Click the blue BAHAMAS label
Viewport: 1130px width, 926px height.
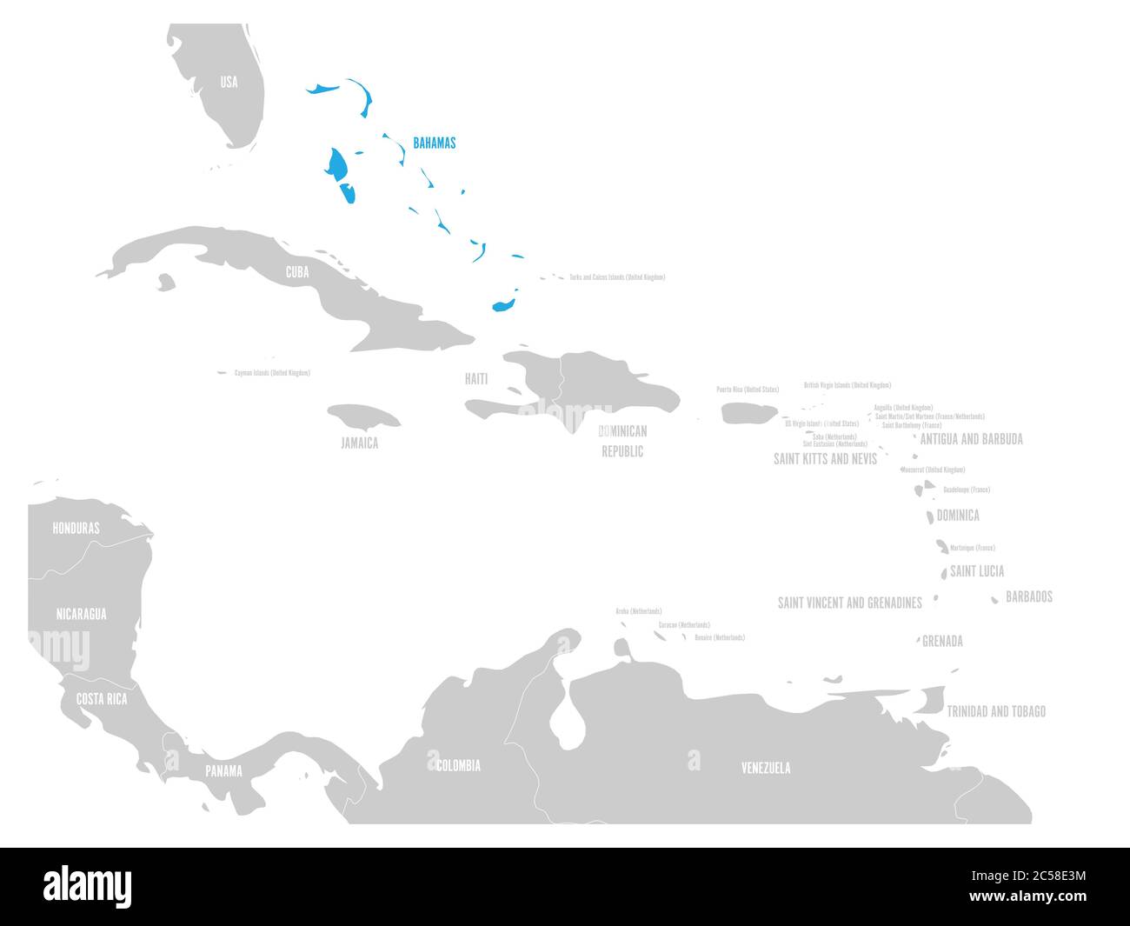434,143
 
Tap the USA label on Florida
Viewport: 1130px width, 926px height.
228,83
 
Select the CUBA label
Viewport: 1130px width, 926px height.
297,272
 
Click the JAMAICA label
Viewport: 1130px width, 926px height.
359,443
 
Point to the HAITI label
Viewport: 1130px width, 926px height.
475,379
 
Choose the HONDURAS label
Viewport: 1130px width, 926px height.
76,528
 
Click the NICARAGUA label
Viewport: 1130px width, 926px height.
81,614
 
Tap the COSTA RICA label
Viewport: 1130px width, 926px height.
102,699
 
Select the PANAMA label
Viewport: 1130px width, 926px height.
223,770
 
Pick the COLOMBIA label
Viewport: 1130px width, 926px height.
457,766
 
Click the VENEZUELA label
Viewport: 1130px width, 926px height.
766,768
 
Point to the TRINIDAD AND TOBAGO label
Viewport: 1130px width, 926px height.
996,711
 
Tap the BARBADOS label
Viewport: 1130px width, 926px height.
1029,596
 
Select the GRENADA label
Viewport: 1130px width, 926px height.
942,642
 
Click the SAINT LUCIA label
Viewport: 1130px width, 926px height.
977,571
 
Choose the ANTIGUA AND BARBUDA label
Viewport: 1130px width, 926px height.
971,439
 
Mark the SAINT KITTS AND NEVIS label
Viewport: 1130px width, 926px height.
825,458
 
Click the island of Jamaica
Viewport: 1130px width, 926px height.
363,416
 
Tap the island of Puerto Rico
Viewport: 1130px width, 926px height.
749,413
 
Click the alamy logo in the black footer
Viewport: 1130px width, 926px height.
88,886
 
